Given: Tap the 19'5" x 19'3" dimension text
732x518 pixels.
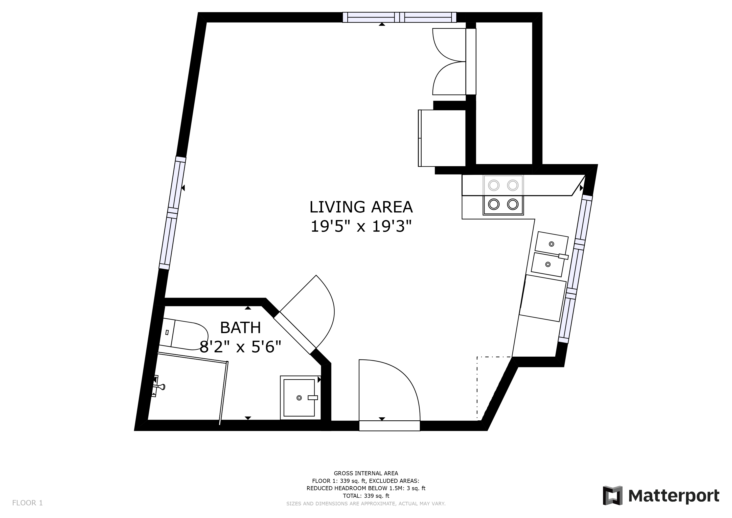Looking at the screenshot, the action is click(361, 227).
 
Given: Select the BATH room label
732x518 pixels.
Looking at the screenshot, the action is click(240, 328).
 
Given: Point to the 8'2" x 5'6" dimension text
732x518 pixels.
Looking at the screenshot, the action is click(240, 347).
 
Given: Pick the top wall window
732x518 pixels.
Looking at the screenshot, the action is click(399, 17).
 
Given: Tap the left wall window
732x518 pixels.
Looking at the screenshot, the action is click(172, 213).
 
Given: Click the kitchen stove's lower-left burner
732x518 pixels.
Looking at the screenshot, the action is click(494, 204).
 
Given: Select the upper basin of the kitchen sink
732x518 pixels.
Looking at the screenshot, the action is click(552, 244).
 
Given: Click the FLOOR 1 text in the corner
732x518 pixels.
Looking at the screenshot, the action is click(27, 503).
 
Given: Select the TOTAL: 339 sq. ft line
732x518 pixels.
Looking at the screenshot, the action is click(366, 496).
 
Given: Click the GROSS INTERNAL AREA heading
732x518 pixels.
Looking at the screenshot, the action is click(366, 473).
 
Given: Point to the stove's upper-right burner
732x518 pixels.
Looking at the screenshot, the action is click(513, 185).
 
